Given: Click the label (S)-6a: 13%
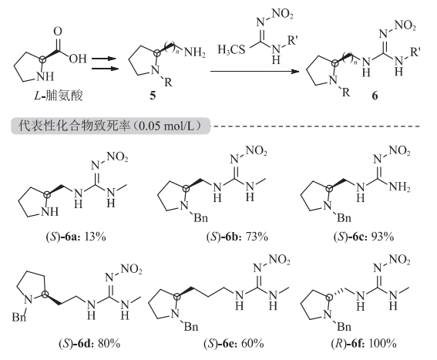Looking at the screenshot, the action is pyautogui.click(x=76, y=237).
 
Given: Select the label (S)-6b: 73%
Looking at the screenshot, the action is pyautogui.click(x=237, y=237).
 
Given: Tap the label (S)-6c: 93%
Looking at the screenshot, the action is pyautogui.click(x=364, y=237).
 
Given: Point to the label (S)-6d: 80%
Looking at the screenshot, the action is pyautogui.click(x=89, y=343).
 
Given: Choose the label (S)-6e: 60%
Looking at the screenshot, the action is pyautogui.click(x=234, y=343).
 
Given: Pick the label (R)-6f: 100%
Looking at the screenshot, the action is pyautogui.click(x=364, y=343).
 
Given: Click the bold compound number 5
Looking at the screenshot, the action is pyautogui.click(x=153, y=96).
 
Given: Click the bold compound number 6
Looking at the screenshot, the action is pyautogui.click(x=375, y=96).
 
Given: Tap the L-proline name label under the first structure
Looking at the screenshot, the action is pyautogui.click(x=59, y=96).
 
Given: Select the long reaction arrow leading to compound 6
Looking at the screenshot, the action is pyautogui.click(x=255, y=72).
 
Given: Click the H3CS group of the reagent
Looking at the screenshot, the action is pyautogui.click(x=231, y=50).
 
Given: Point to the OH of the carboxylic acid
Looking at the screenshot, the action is pyautogui.click(x=78, y=59).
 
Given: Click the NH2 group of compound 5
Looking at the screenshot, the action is pyautogui.click(x=195, y=52).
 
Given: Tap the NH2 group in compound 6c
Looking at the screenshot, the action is pyautogui.click(x=400, y=187).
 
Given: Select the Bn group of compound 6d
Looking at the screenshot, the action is pyautogui.click(x=19, y=317).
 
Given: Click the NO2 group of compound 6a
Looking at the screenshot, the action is pyautogui.click(x=117, y=156).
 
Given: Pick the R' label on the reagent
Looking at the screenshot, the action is pyautogui.click(x=292, y=41).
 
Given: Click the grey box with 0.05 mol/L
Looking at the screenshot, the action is pyautogui.click(x=110, y=126).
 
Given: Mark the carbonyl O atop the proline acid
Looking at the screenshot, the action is pyautogui.click(x=58, y=32).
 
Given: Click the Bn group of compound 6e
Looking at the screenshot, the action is pyautogui.click(x=191, y=326).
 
